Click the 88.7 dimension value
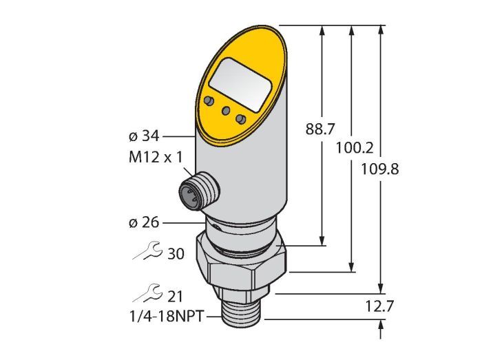point(319,129)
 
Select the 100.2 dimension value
point(355,148)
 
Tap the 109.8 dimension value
point(379,169)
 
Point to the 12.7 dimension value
point(379,306)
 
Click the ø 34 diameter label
point(144,136)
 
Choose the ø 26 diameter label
point(144,223)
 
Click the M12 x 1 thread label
point(156,158)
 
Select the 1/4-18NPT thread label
point(167,317)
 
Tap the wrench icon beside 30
point(147,251)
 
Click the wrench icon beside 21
point(147,293)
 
